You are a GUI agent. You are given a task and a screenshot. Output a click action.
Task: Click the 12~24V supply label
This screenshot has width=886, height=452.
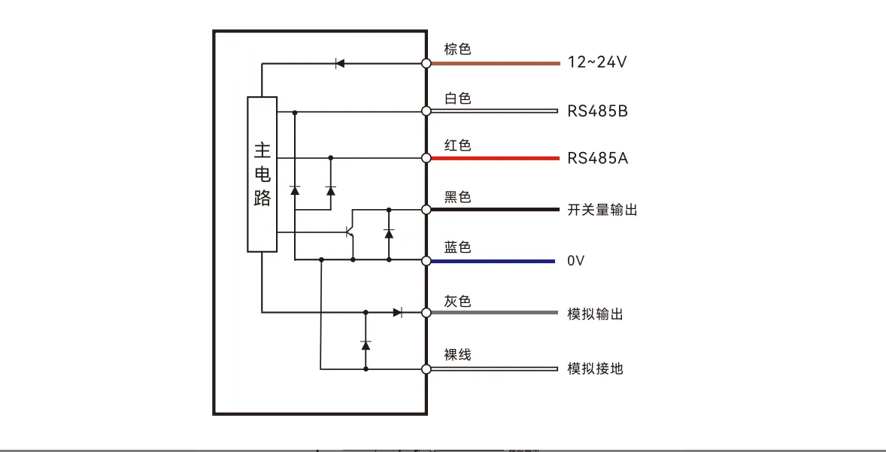click(597, 62)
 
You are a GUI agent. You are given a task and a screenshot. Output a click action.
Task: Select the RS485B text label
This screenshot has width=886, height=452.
click(597, 112)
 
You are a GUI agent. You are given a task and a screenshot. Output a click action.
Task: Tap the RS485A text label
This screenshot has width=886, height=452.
click(597, 159)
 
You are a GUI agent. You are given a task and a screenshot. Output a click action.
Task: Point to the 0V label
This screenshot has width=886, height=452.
click(575, 261)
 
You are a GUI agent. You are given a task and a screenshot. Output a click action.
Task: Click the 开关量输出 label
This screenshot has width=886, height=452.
click(602, 210)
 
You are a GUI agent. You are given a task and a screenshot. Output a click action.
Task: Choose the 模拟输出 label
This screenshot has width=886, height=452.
click(595, 314)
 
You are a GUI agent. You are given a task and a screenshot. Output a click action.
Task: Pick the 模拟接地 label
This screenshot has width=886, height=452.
click(595, 369)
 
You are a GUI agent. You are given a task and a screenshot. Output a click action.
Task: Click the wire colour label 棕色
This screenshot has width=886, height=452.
click(457, 50)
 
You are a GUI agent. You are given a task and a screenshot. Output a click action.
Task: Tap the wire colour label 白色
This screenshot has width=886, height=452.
click(457, 99)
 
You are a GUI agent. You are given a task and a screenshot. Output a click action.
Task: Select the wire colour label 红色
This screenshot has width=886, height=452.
click(457, 146)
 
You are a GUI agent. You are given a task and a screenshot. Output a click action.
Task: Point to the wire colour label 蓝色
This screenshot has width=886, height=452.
click(457, 247)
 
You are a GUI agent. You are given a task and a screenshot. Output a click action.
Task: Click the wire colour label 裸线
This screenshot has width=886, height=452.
click(457, 355)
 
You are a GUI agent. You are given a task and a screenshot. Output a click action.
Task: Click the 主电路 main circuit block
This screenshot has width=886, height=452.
click(262, 174)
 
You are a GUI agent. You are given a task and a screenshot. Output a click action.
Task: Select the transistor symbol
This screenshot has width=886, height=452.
click(350, 232)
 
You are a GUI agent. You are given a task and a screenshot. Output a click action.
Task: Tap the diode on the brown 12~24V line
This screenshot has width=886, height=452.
click(340, 63)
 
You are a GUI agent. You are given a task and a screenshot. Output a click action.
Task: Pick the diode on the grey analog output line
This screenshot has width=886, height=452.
click(398, 312)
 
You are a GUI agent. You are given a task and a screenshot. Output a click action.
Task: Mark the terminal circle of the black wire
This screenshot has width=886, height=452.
click(426, 210)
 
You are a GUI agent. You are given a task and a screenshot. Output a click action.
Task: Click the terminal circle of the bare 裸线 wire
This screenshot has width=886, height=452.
click(426, 369)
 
